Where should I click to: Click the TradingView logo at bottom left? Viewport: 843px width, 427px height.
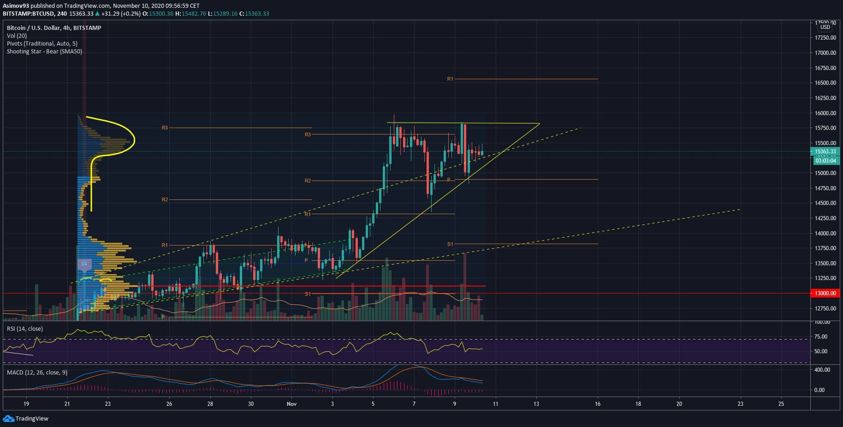point(26,419)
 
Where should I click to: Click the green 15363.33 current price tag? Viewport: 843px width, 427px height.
point(825,152)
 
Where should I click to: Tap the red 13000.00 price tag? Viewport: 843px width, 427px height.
point(825,293)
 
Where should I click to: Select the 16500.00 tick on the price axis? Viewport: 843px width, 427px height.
point(825,83)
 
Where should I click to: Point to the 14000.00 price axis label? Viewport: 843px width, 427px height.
point(825,234)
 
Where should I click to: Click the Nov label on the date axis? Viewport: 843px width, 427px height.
point(291,404)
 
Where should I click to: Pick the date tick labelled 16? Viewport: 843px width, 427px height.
point(598,404)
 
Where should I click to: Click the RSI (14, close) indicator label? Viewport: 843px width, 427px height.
point(25,329)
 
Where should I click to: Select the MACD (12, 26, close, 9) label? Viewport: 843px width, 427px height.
point(37,372)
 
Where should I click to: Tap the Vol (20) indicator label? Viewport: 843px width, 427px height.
point(17,36)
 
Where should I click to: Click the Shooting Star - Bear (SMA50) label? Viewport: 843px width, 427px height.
point(44,52)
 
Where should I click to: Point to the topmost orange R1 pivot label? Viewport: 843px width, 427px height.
point(450,79)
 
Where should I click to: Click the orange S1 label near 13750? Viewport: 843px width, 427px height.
point(450,244)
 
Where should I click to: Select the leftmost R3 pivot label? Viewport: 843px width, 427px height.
point(165,128)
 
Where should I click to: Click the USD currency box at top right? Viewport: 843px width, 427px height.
point(825,27)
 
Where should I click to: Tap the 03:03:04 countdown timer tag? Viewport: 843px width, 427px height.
point(825,161)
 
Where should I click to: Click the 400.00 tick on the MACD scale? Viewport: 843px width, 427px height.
point(822,370)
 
